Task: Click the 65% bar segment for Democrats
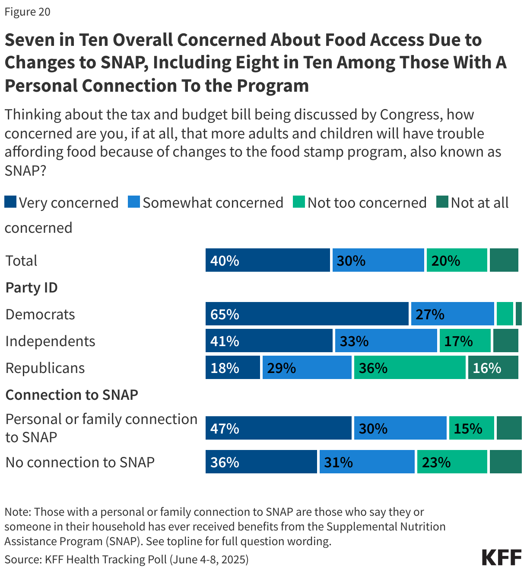[x=307, y=314]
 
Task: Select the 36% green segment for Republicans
[x=410, y=367]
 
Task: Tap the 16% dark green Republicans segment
[x=493, y=367]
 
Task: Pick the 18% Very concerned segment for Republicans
[x=233, y=367]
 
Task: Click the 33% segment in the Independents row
[x=386, y=341]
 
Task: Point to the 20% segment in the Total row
[x=457, y=260]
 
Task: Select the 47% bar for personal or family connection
[x=279, y=428]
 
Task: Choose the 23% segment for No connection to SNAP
[x=452, y=462]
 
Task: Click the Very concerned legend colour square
[x=10, y=202]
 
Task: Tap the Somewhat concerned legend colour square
[x=134, y=202]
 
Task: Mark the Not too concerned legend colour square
[x=298, y=202]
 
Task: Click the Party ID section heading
[x=32, y=287]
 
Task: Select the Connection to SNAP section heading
[x=72, y=395]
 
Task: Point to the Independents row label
[x=50, y=341]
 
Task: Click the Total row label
[x=21, y=260]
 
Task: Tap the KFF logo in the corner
[x=502, y=557]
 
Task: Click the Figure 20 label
[x=27, y=12]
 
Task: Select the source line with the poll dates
[x=127, y=559]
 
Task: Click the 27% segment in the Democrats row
[x=452, y=314]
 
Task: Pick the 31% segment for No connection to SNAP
[x=367, y=462]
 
